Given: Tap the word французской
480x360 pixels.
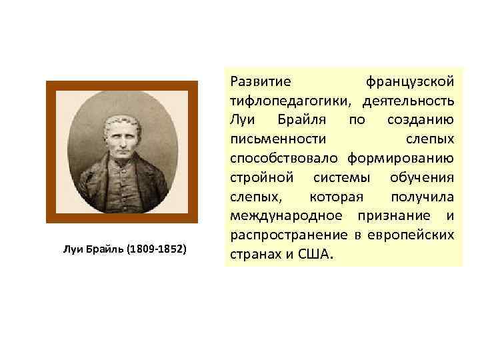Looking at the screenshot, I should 410,82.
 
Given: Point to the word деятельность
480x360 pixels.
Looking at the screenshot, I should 409,101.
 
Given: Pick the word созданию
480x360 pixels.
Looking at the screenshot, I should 421,121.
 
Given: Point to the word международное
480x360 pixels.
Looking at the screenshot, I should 287,216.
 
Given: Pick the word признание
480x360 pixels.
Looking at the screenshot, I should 393,216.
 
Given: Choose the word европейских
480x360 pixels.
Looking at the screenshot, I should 413,235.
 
